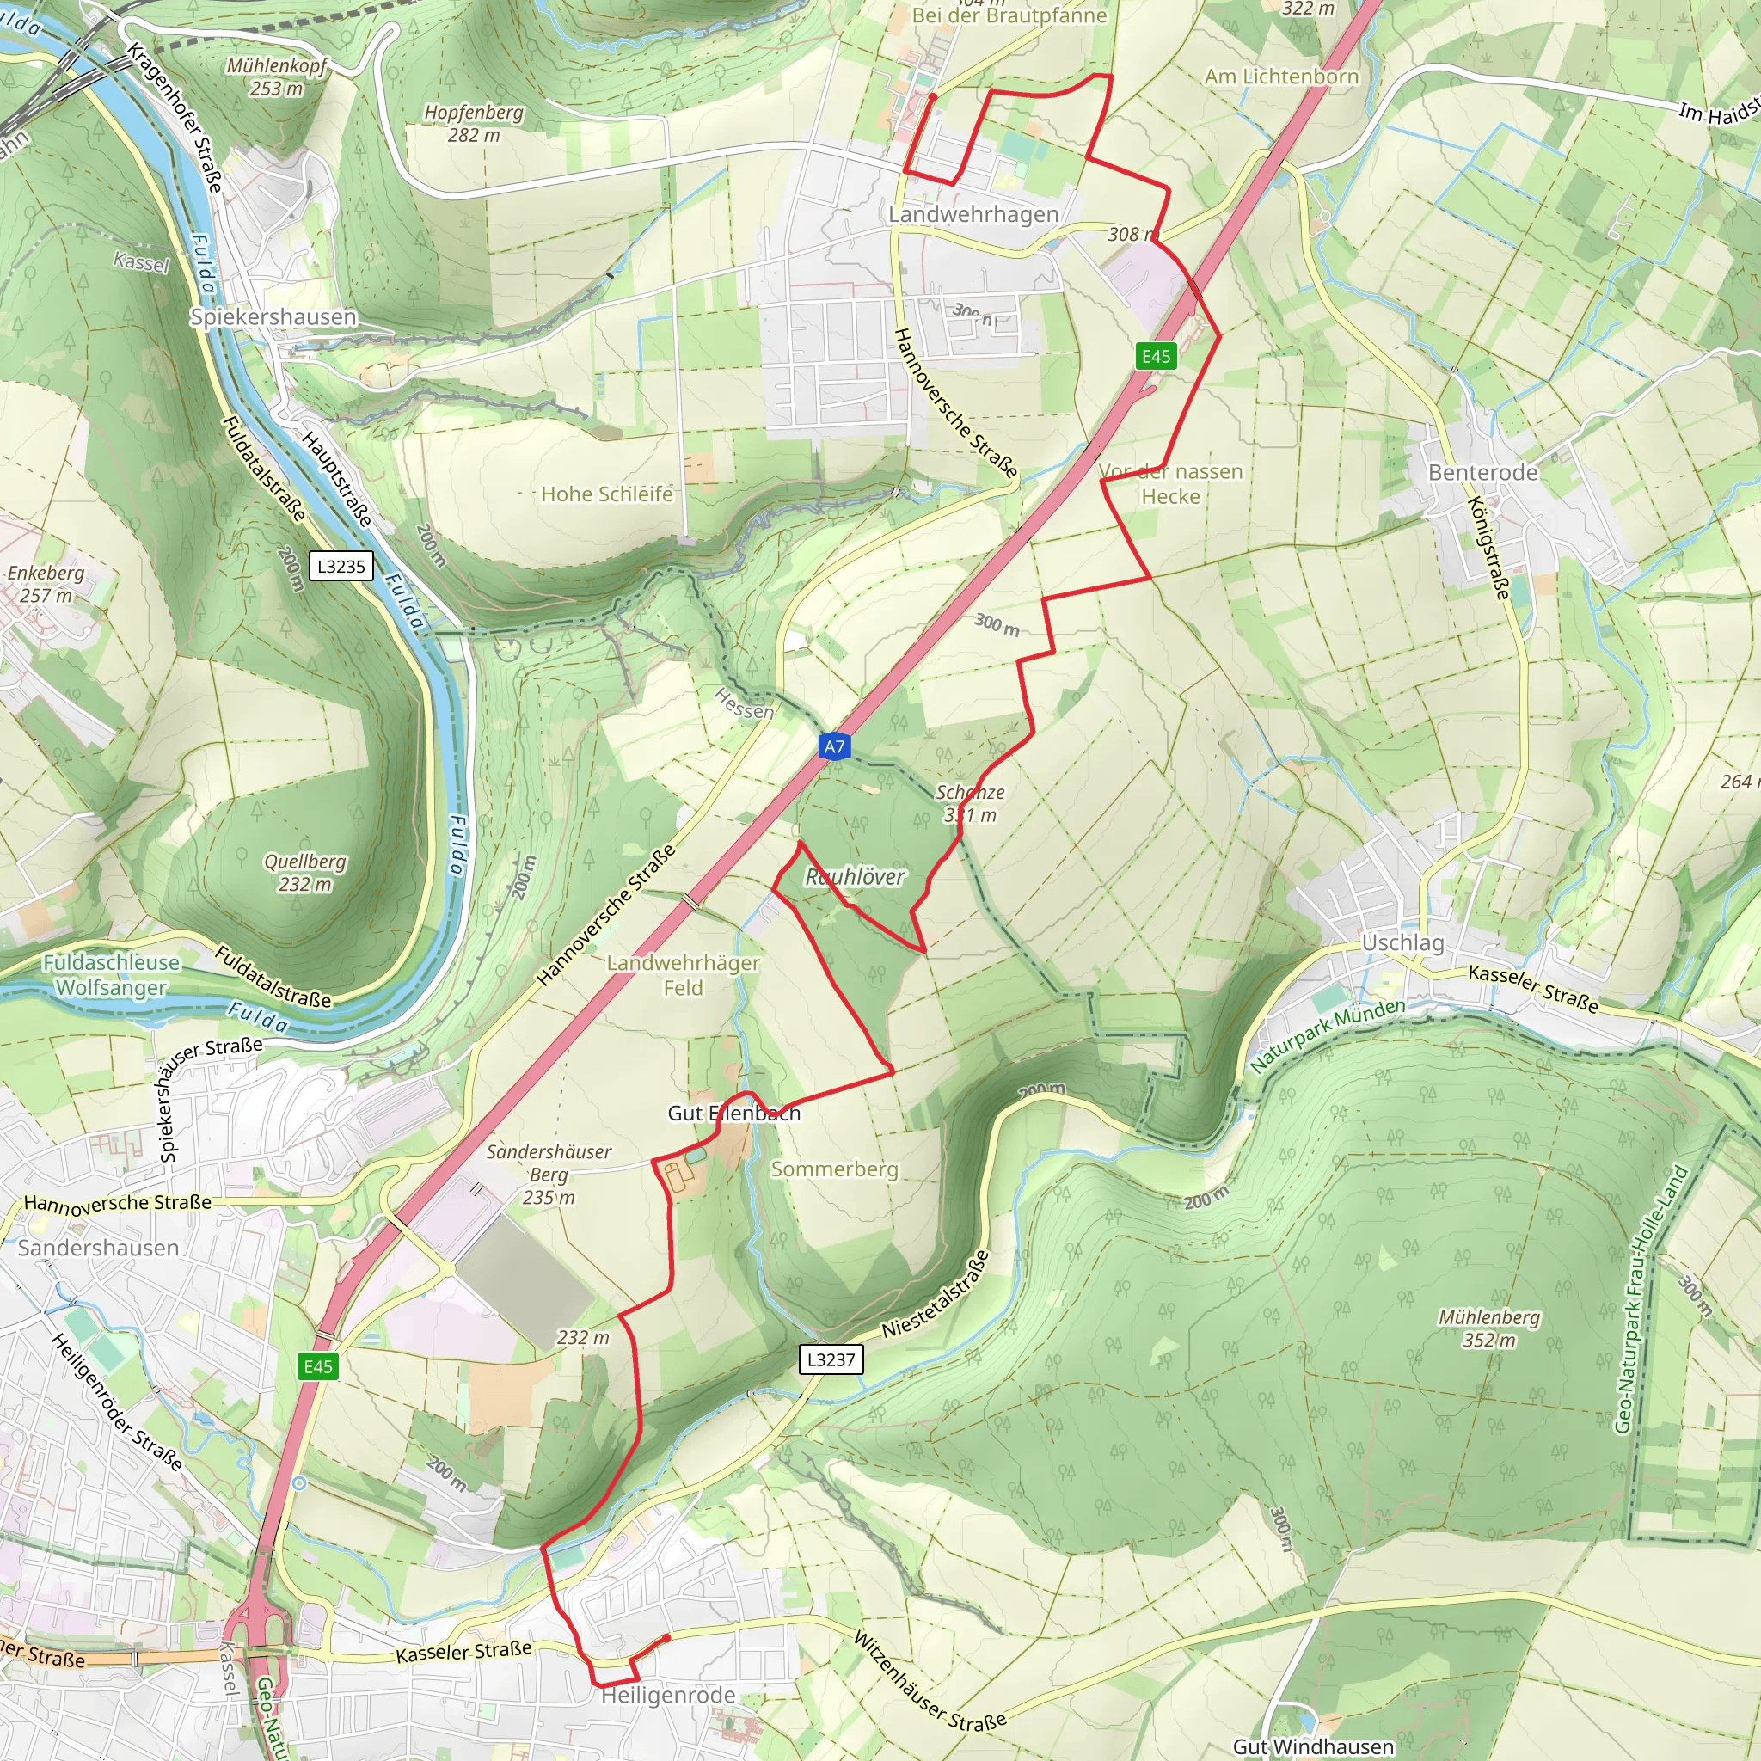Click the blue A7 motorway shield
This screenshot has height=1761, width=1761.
[834, 746]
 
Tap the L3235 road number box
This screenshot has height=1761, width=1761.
[341, 566]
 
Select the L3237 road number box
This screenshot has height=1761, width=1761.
[831, 1360]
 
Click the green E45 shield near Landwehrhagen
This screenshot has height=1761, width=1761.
[1156, 356]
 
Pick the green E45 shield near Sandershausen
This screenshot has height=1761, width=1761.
[318, 1366]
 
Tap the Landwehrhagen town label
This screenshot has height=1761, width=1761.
[973, 214]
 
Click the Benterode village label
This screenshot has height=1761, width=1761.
[1483, 472]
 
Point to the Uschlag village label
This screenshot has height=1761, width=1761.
[1402, 942]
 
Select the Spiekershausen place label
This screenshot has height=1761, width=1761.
[273, 316]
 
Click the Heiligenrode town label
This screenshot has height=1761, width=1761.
[668, 1696]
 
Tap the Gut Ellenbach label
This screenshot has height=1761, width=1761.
[733, 1113]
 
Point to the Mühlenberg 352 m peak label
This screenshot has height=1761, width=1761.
[1489, 1328]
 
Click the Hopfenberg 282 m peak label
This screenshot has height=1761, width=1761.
[474, 123]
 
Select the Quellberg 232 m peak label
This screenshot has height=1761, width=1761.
[305, 872]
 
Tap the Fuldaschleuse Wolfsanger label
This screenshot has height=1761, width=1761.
[111, 974]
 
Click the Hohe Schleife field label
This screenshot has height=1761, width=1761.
[607, 494]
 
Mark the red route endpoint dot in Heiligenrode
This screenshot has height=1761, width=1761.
[667, 1638]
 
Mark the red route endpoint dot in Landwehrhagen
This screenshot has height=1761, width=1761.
[932, 96]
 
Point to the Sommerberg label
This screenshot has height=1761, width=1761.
[834, 1169]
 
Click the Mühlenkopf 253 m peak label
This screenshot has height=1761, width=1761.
[276, 77]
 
